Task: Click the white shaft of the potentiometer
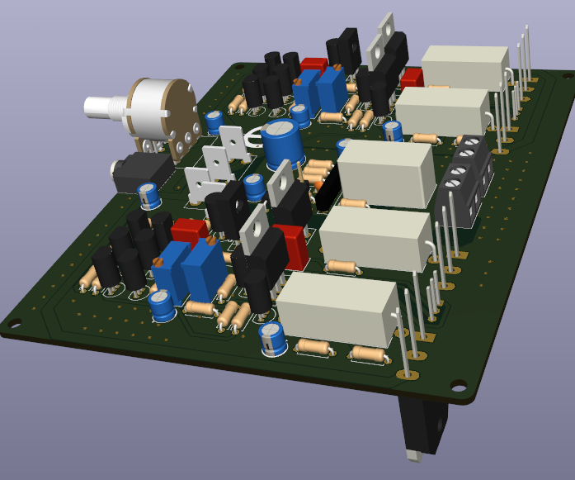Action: click(103, 107)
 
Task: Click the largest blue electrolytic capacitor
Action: click(281, 143)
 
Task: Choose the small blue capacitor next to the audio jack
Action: click(149, 195)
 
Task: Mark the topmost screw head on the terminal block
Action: click(472, 145)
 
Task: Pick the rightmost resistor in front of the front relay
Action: click(372, 356)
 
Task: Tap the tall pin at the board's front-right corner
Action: click(405, 330)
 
